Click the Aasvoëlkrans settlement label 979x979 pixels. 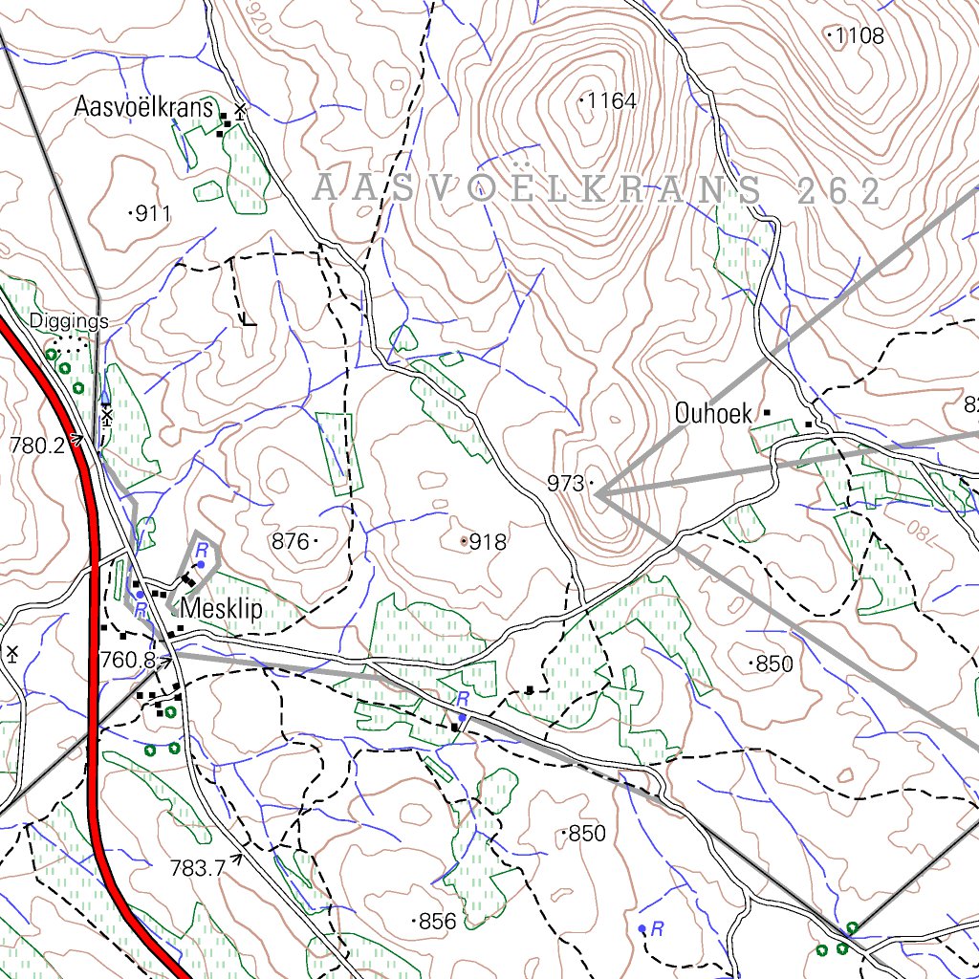pyautogui.click(x=143, y=107)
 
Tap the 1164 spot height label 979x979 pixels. pyautogui.click(x=612, y=100)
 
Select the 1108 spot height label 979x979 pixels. pyautogui.click(x=859, y=37)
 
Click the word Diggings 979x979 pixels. pyautogui.click(x=69, y=321)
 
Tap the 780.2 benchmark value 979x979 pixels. pyautogui.click(x=36, y=445)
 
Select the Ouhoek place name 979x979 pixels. pyautogui.click(x=715, y=414)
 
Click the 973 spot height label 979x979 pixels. pyautogui.click(x=566, y=484)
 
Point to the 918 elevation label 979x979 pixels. pyautogui.click(x=488, y=542)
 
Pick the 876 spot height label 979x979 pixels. pyautogui.click(x=291, y=542)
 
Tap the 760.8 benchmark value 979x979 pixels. pyautogui.click(x=126, y=659)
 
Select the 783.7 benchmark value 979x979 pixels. pyautogui.click(x=197, y=868)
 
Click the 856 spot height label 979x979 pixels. pyautogui.click(x=438, y=922)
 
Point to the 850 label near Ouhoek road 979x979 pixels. pyautogui.click(x=773, y=664)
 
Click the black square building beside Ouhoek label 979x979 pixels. pyautogui.click(x=766, y=413)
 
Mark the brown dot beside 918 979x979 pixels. pyautogui.click(x=465, y=541)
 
